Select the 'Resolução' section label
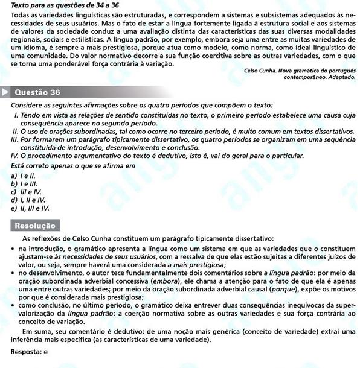pos(34,226)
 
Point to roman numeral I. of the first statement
pos(15,114)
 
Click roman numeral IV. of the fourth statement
pos(16,155)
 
